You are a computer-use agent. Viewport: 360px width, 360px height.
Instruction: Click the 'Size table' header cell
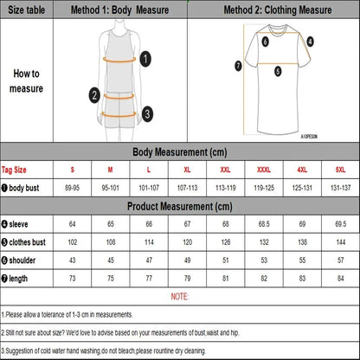pos(26,11)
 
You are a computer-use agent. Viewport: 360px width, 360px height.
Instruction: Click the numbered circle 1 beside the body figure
pos(146,58)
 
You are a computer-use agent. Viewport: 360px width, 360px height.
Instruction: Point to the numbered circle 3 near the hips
pos(147,112)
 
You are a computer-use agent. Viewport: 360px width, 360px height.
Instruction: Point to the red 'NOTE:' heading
pos(180,297)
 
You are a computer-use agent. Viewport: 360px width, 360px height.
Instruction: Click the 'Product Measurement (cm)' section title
pos(180,206)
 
